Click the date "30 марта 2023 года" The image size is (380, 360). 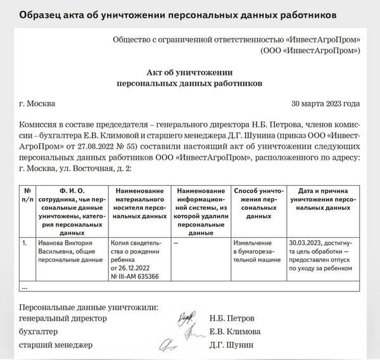(326, 104)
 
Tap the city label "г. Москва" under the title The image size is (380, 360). (37, 104)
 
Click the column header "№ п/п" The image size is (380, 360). (28, 195)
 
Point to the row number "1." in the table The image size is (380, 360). (24, 242)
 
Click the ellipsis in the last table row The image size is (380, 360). (25, 287)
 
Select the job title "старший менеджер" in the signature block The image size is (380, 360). (56, 345)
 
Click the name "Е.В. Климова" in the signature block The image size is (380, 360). (234, 331)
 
